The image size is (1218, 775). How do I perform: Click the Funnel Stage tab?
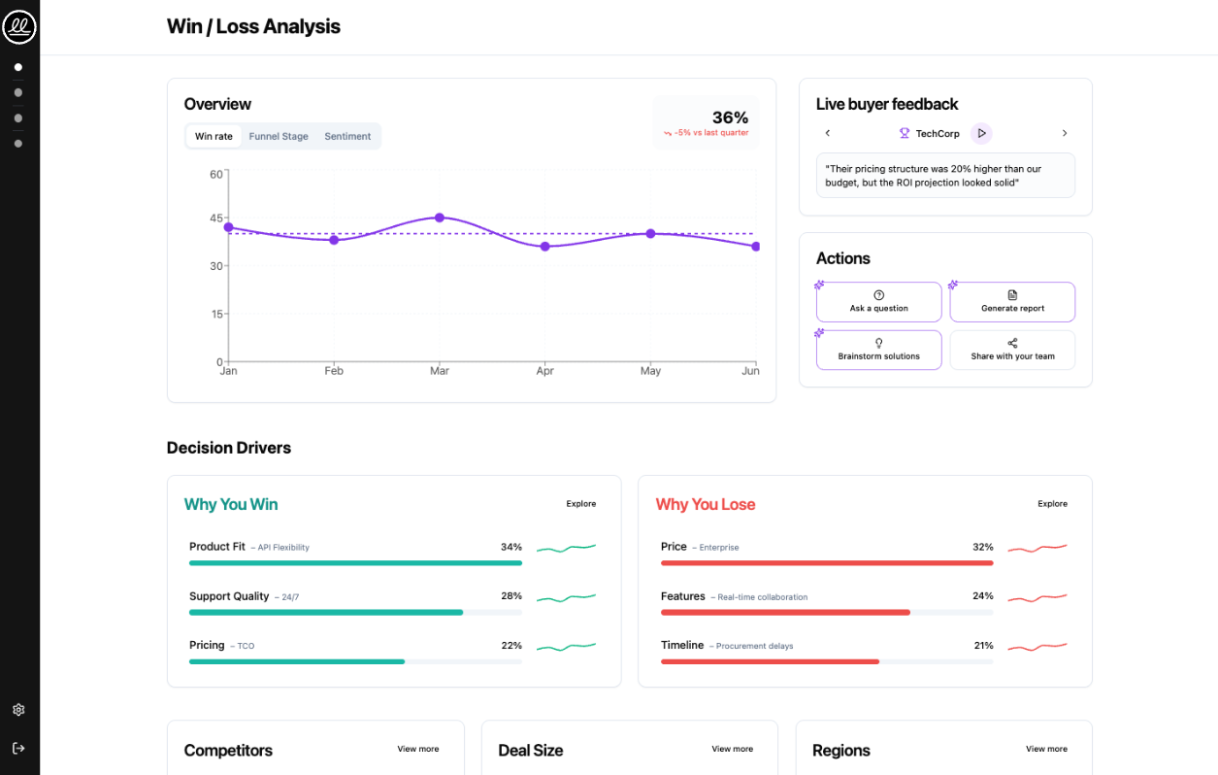pos(279,137)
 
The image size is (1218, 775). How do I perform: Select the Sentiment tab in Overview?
pos(347,137)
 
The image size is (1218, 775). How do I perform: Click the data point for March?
pos(440,218)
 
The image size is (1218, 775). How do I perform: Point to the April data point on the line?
pos(545,247)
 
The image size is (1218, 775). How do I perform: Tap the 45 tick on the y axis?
pos(216,219)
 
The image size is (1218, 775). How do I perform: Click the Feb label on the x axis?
pos(334,371)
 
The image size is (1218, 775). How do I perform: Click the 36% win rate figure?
pos(730,118)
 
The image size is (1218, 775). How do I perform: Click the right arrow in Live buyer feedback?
pos(1064,133)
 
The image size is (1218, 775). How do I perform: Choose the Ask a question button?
pos(878,302)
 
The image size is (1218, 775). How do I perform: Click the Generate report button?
pos(1012,302)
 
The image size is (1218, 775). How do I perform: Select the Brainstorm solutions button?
pos(878,351)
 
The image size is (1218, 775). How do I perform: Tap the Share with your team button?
pos(1012,351)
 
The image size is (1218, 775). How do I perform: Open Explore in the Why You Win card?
pos(581,504)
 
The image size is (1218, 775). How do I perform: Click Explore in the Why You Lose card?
pos(1052,504)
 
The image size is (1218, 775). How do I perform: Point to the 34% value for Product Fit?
pos(510,547)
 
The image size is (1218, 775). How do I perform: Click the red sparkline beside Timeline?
pos(1037,646)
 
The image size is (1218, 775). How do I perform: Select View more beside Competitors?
pos(417,749)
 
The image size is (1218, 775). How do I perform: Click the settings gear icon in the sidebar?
pos(18,710)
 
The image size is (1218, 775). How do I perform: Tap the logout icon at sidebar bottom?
pos(18,749)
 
